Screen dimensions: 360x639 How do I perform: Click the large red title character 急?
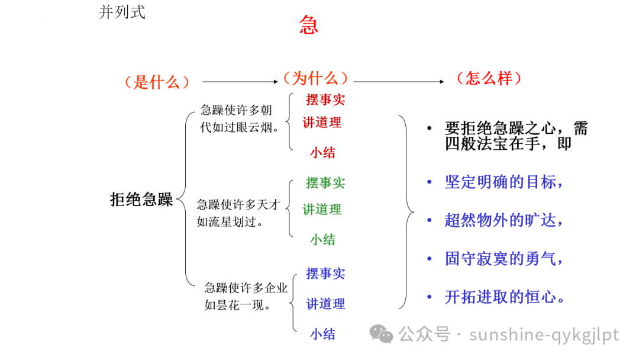coord(308,25)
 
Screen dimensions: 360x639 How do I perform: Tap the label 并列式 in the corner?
coord(122,12)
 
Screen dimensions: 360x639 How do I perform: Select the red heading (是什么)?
coord(157,82)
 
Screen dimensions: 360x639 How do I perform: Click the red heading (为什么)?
coord(315,78)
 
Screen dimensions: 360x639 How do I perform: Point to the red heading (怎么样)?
coord(489,78)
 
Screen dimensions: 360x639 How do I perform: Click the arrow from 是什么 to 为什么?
coord(239,82)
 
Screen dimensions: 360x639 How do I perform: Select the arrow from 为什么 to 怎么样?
coord(399,82)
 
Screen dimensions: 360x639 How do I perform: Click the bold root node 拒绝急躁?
coord(141,200)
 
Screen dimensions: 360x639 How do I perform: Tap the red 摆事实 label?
coord(325,99)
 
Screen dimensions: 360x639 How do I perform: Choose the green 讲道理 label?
coord(322,209)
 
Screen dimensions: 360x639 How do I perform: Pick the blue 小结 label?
coord(322,334)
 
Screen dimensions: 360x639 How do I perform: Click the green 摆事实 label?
coord(325,183)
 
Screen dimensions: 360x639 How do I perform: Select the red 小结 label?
coord(322,153)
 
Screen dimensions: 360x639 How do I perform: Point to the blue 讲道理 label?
coord(325,304)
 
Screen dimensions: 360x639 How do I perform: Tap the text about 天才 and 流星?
coord(237,213)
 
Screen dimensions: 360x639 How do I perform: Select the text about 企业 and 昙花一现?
coord(245,297)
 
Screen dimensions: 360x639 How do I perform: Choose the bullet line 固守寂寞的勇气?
coord(503,259)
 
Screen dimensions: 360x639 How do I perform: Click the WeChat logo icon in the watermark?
coord(382,335)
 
